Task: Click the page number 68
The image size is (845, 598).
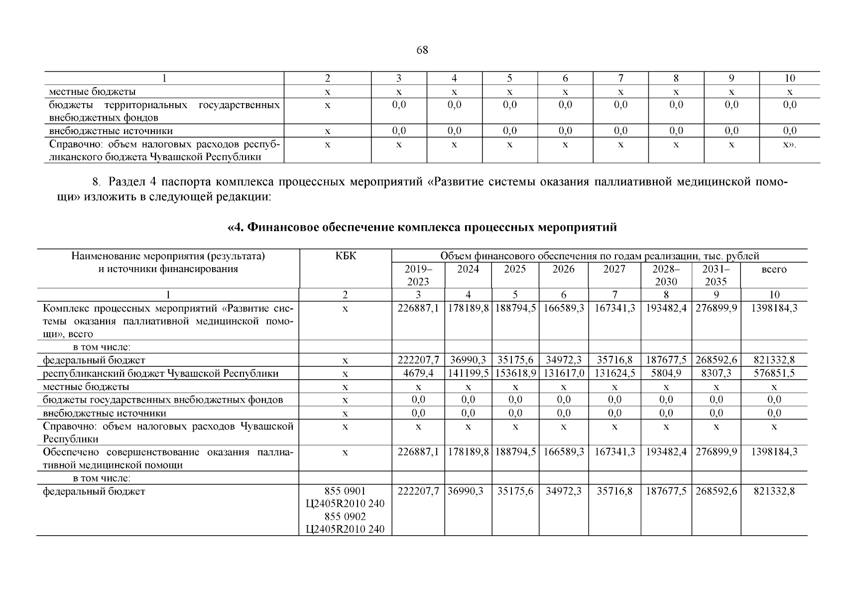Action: [422, 50]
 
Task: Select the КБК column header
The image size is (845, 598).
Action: [346, 256]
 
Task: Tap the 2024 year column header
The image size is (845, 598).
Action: [468, 269]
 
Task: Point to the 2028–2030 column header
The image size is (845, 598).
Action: [666, 275]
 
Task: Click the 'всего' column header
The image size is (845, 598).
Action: [774, 269]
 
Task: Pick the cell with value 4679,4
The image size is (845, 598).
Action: [418, 373]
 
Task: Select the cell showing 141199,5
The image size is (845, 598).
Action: [468, 373]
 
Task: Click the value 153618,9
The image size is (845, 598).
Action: [515, 373]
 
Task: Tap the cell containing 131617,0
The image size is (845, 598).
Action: [563, 373]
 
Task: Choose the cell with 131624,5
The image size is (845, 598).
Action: [614, 373]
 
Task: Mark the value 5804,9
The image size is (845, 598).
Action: [666, 373]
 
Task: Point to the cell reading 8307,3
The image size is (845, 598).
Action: [716, 373]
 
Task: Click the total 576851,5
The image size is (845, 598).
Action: [774, 373]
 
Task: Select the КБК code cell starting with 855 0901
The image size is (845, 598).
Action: [346, 510]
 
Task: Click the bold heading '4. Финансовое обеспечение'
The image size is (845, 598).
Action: [422, 228]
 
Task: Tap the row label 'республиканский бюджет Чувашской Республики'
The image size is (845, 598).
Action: [161, 373]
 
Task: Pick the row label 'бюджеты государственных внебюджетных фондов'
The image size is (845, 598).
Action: [163, 400]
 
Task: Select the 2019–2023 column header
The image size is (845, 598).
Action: [418, 275]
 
